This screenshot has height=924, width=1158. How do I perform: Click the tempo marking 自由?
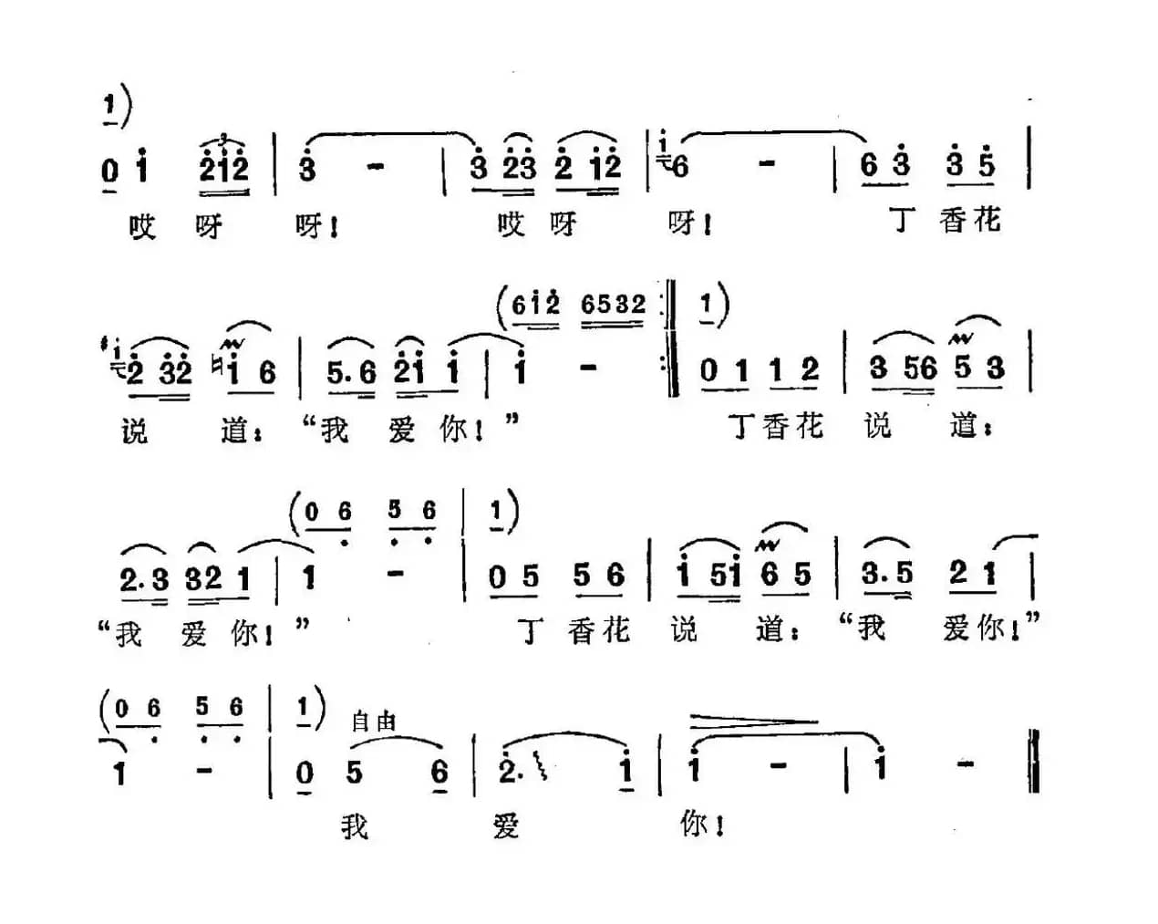point(374,722)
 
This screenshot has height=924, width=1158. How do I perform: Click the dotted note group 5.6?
point(351,372)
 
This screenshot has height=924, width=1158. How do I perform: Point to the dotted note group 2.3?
point(144,576)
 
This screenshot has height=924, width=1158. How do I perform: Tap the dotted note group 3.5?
point(886,575)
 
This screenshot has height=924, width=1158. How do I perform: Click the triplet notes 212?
point(223,167)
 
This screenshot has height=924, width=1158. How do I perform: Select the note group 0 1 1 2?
point(760,370)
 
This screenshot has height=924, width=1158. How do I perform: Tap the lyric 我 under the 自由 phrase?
point(355,826)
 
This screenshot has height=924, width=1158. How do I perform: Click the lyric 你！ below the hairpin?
point(702,825)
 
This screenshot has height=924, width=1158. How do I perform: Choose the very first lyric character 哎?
point(142,225)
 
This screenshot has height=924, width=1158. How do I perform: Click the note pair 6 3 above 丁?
point(884,166)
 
